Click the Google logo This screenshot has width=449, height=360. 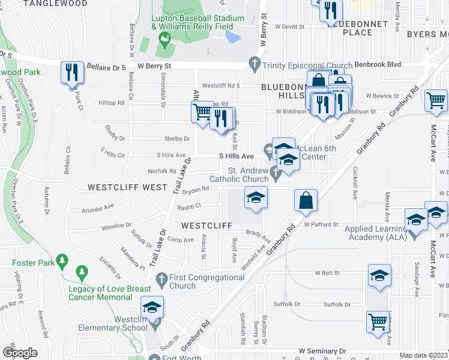(x=20, y=353)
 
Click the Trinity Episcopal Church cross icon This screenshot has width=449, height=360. (x=255, y=62)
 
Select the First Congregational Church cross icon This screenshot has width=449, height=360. (x=160, y=279)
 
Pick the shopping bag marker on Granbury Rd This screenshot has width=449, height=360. (x=306, y=200)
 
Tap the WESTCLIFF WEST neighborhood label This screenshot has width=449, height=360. (x=127, y=187)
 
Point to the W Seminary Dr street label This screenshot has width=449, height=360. (x=323, y=350)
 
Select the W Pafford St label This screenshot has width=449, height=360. (x=322, y=224)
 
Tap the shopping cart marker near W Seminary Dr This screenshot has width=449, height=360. (x=378, y=322)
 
